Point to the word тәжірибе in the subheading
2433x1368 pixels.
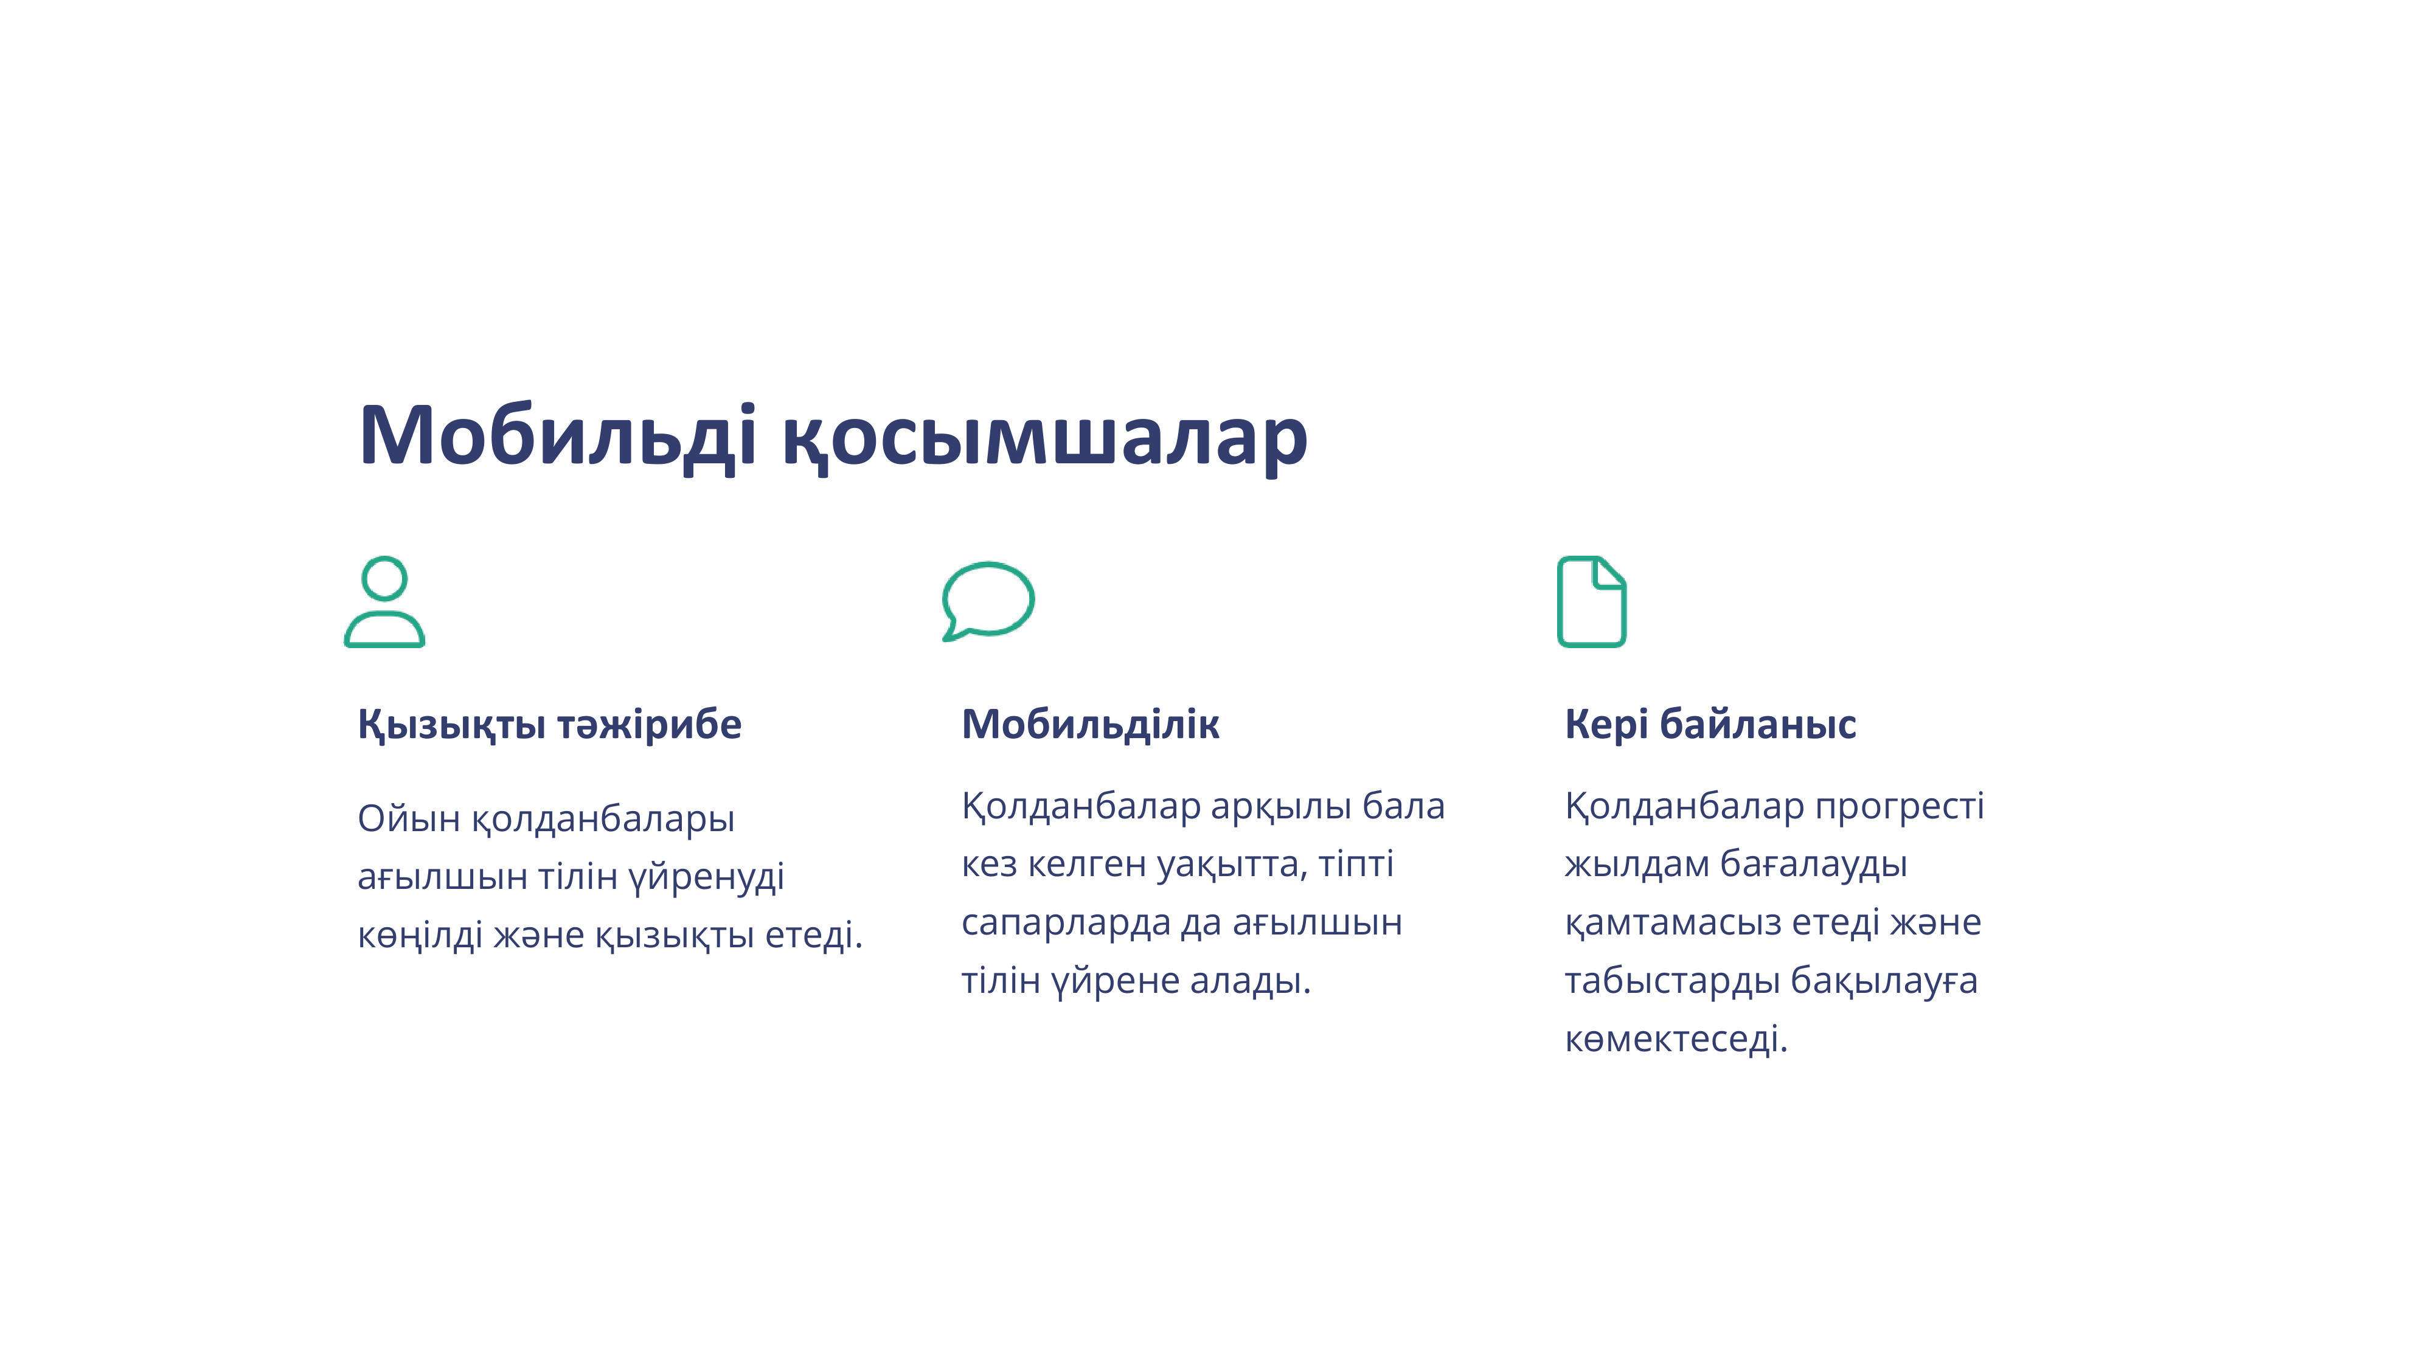point(649,724)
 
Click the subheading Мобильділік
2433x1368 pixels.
point(1090,724)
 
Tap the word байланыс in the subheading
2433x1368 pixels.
point(1758,724)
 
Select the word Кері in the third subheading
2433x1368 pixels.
point(1606,724)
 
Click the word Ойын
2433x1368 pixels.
point(408,818)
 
